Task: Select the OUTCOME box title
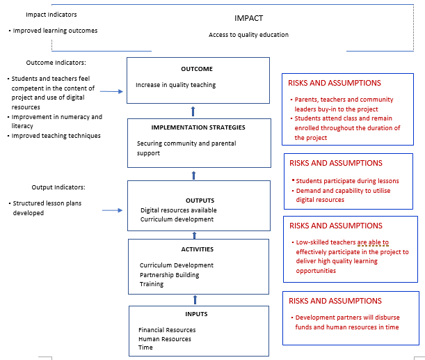tap(196, 69)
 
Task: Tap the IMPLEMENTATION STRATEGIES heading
tap(198, 127)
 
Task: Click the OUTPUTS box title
tap(200, 200)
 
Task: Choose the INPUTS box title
tap(196, 314)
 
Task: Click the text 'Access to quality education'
tap(248, 35)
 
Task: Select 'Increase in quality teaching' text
tap(176, 85)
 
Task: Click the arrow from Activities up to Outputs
tap(194, 235)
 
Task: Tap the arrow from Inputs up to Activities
tap(195, 300)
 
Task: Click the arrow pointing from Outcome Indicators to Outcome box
tap(111, 91)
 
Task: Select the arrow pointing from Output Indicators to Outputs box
tap(113, 208)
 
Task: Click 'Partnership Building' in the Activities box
tap(169, 274)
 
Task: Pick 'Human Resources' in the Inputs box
tap(165, 339)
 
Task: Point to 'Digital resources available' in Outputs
tap(178, 210)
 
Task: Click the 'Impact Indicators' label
tap(51, 15)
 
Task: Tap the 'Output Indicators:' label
tap(58, 187)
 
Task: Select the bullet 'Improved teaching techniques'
tap(56, 136)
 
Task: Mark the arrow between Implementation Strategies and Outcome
tap(193, 110)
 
